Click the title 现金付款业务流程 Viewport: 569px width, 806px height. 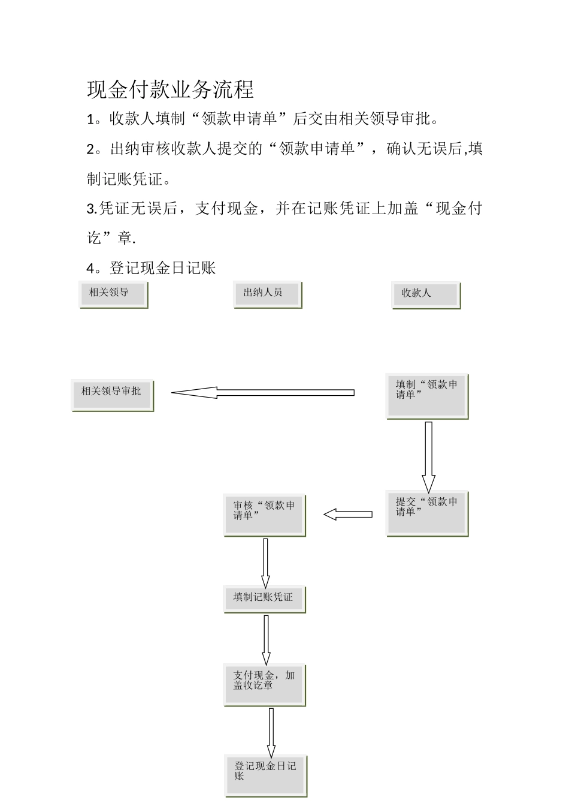(x=171, y=90)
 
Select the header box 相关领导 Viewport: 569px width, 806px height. (x=113, y=294)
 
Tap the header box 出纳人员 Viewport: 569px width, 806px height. (x=267, y=294)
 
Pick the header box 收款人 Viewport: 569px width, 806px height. (x=426, y=294)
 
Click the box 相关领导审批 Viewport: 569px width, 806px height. (x=112, y=395)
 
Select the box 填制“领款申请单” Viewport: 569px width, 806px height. (x=426, y=395)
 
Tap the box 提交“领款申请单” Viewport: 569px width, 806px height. (x=426, y=513)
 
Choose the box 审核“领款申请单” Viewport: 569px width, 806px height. (x=264, y=514)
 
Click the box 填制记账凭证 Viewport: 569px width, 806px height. (x=264, y=599)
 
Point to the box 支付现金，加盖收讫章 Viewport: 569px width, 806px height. (x=264, y=684)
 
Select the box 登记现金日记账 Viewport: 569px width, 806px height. (x=265, y=775)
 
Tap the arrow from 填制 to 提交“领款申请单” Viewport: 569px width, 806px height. (x=428, y=456)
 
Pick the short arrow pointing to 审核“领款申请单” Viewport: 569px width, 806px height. (x=348, y=515)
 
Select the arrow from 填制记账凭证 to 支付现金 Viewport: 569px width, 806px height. (x=266, y=639)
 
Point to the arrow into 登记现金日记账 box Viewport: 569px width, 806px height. (x=271, y=732)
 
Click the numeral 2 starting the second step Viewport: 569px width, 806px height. (x=90, y=150)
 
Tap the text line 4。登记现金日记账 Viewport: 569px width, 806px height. (x=151, y=268)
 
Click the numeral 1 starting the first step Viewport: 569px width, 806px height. (x=90, y=120)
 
